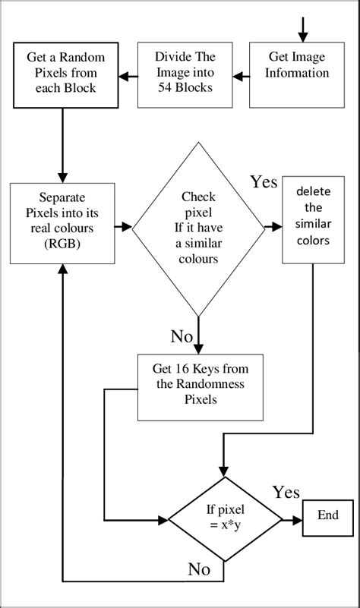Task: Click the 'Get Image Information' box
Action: click(x=299, y=74)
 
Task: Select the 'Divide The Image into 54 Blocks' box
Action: click(x=185, y=74)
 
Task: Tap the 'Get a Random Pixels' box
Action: click(x=60, y=74)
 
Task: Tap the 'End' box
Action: click(x=328, y=515)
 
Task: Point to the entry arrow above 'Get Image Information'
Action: click(x=304, y=27)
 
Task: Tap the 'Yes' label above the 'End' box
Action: click(x=286, y=493)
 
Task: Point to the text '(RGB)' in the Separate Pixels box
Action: click(x=60, y=245)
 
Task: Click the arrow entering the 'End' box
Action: click(x=292, y=520)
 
